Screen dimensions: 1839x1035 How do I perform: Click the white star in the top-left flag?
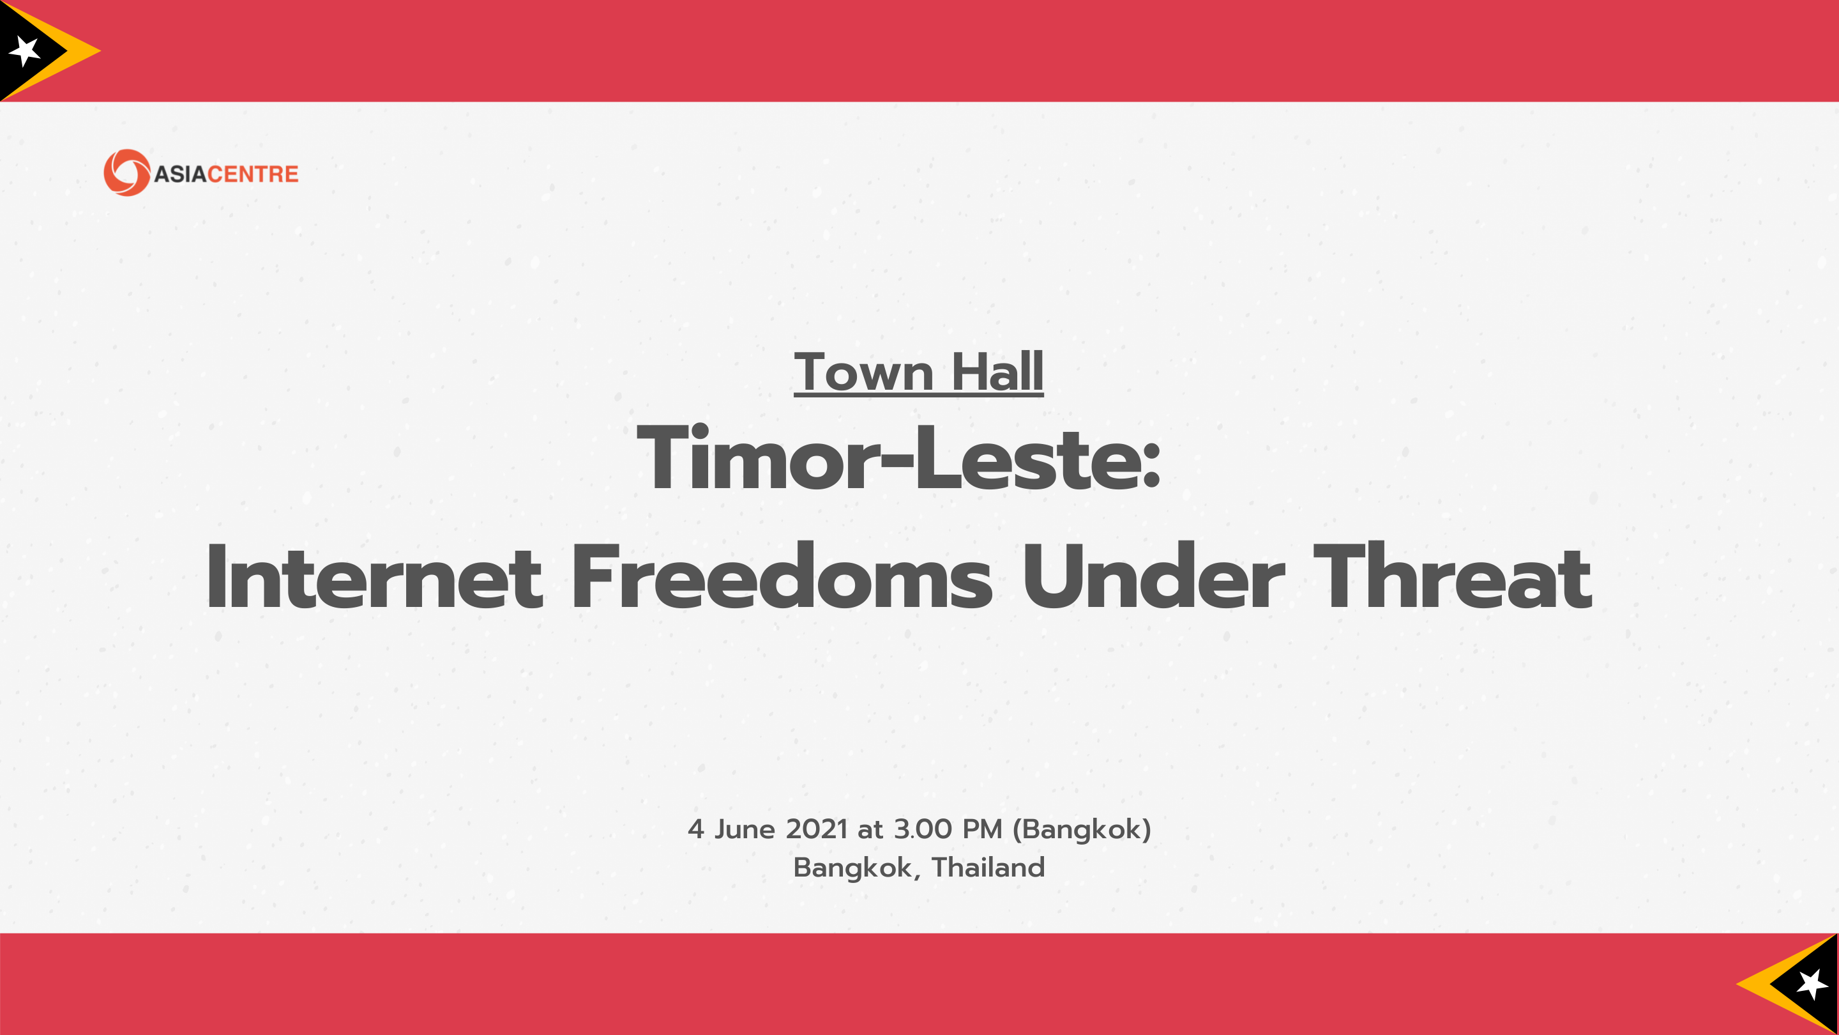25,50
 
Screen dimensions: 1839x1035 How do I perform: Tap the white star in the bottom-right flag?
1812,985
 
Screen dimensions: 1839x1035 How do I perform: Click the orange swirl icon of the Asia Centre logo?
127,172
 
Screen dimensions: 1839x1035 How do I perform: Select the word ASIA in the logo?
180,174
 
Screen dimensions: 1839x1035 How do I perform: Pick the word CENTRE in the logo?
253,174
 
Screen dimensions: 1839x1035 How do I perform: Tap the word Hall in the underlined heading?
997,371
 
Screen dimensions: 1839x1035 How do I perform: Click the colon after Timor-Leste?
1151,466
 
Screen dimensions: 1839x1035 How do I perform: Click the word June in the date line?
745,829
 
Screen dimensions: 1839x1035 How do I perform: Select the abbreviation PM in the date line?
982,829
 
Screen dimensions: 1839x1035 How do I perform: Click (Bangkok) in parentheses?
1082,830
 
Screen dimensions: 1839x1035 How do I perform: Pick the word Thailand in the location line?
988,867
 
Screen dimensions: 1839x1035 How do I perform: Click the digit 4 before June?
696,829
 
